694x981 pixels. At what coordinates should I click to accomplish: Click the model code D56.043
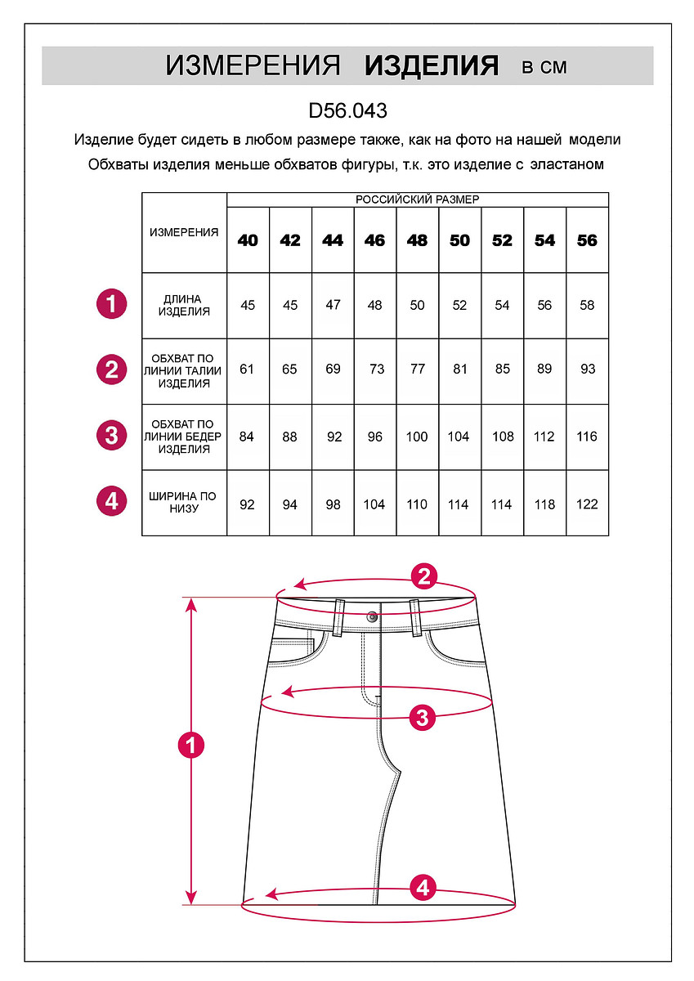[347, 110]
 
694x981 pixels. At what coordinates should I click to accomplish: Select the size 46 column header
[374, 240]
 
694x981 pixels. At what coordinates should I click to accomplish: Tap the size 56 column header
[587, 240]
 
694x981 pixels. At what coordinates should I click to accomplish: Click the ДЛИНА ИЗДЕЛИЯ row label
[184, 305]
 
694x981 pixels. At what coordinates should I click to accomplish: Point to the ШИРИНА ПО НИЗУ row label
[184, 502]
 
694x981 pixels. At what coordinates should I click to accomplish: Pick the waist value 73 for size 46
[375, 369]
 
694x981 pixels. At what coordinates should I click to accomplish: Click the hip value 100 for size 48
[417, 437]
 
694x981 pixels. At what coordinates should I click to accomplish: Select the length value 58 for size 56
[587, 305]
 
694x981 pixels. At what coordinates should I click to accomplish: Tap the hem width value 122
[587, 504]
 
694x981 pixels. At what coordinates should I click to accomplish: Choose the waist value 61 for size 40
[248, 369]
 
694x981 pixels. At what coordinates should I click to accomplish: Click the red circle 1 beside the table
[111, 304]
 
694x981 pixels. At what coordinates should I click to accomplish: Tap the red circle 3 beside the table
[111, 435]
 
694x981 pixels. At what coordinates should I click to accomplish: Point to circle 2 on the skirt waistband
[423, 577]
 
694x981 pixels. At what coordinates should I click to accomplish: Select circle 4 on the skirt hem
[422, 887]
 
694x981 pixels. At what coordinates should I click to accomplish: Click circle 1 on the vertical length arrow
[191, 746]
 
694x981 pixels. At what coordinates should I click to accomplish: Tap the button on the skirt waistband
[373, 616]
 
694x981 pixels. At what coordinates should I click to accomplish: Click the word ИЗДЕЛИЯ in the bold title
[432, 66]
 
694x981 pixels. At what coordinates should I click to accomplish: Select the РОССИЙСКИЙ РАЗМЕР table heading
[417, 199]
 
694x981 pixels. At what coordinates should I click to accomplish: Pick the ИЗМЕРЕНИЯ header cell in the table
[184, 232]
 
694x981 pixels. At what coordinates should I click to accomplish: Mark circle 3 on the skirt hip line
[422, 718]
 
